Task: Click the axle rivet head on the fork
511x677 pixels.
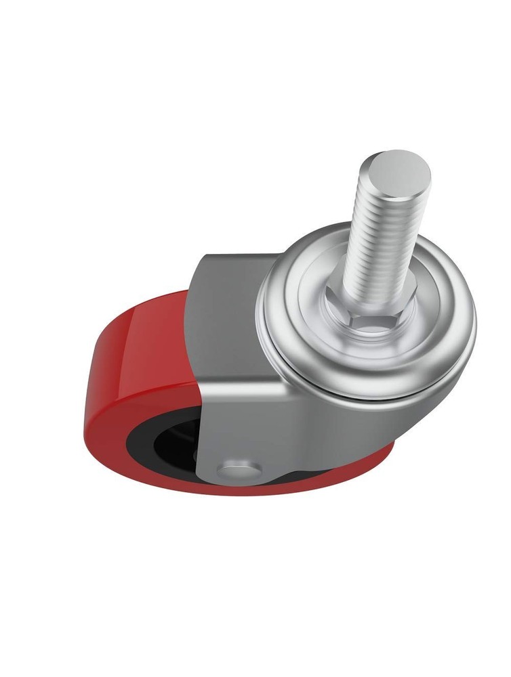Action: (x=237, y=471)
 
